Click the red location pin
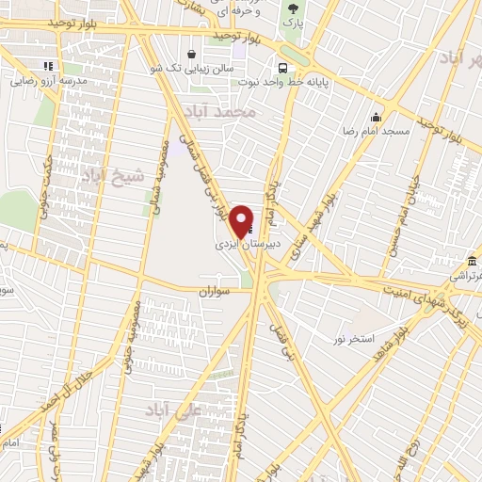click(243, 219)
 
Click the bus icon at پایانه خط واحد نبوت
click(281, 67)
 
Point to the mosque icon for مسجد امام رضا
click(376, 118)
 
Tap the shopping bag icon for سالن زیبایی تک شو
click(192, 54)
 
